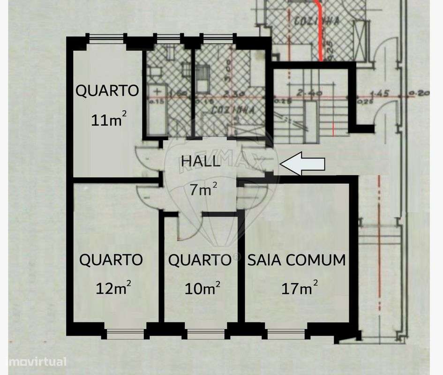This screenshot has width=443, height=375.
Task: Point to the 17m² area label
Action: (x=300, y=287)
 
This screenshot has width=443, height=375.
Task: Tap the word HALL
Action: (x=200, y=162)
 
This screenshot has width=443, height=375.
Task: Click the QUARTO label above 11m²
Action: (x=107, y=90)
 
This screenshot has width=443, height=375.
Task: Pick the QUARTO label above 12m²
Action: (x=111, y=259)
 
